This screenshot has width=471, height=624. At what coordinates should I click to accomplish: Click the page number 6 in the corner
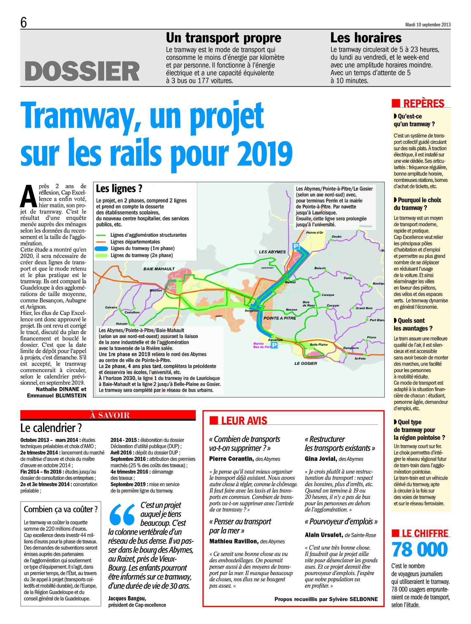pyautogui.click(x=23, y=23)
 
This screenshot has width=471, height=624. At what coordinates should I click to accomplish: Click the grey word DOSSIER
pyautogui.click(x=82, y=71)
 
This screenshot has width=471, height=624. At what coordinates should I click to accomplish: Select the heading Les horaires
pyautogui.click(x=366, y=38)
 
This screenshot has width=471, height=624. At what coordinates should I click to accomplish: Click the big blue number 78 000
pyautogui.click(x=420, y=549)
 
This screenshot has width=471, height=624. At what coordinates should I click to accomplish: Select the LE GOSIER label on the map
pyautogui.click(x=305, y=363)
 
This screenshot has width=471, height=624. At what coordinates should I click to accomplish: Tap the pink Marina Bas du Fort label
pyautogui.click(x=261, y=346)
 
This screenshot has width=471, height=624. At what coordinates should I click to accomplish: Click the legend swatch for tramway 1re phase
pyautogui.click(x=102, y=249)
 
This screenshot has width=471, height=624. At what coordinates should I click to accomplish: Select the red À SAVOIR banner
pyautogui.click(x=108, y=415)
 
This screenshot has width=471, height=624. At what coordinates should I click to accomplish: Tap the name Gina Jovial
pyautogui.click(x=321, y=459)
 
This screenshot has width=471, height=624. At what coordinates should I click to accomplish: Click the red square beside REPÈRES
pyautogui.click(x=396, y=103)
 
